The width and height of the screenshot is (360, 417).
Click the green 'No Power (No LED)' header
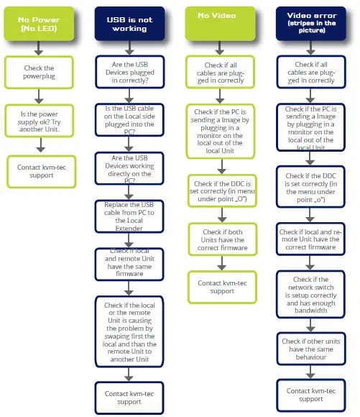(x=39, y=23)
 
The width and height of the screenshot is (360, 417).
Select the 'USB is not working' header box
(x=129, y=23)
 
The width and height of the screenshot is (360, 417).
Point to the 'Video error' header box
(x=310, y=23)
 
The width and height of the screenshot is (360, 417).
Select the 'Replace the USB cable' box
(x=129, y=216)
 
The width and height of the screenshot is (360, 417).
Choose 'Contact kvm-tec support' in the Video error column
(x=310, y=395)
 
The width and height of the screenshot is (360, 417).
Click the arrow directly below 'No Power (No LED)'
(x=39, y=48)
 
